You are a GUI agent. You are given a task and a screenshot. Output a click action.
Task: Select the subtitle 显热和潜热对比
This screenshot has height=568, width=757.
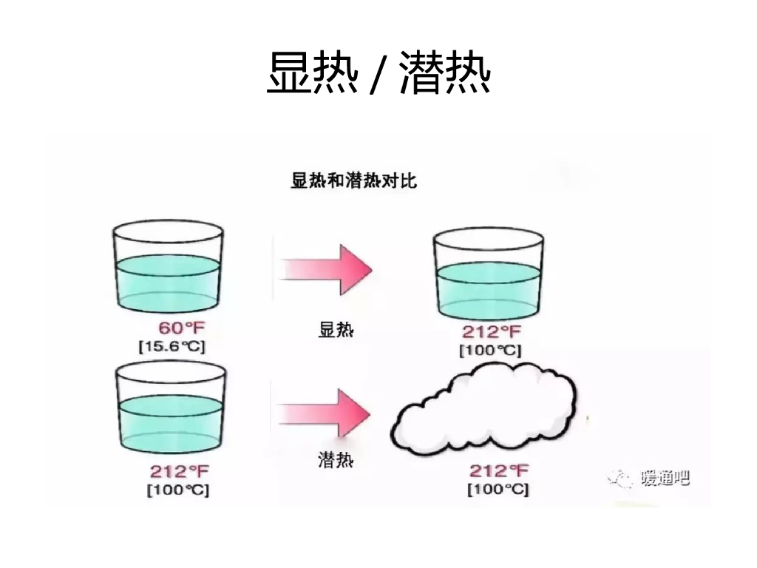pos(353,180)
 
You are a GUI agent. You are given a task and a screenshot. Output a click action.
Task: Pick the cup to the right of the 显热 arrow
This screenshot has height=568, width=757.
pos(487,273)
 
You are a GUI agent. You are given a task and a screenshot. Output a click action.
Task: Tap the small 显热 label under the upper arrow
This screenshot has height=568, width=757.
pos(336,331)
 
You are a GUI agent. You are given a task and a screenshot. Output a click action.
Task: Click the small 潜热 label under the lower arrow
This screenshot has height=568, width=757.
pos(336,462)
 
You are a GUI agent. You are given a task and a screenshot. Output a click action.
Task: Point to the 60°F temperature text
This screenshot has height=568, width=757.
pos(181,328)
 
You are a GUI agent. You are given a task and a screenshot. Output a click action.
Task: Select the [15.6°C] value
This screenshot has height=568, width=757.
pos(172,346)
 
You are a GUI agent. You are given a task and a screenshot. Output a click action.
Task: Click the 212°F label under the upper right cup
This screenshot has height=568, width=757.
pos(492,332)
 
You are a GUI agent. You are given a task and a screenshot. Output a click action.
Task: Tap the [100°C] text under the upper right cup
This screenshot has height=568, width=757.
pos(490,350)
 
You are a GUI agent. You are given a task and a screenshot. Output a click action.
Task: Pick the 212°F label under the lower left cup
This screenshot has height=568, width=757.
pos(180,471)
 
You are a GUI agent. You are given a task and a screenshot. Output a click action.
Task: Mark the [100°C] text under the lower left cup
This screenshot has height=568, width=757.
pos(177,489)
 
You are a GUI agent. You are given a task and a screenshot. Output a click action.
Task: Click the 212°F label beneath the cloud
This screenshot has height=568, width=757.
pos(499,471)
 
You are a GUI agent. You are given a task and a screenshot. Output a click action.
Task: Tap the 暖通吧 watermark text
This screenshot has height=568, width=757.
pos(665,479)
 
